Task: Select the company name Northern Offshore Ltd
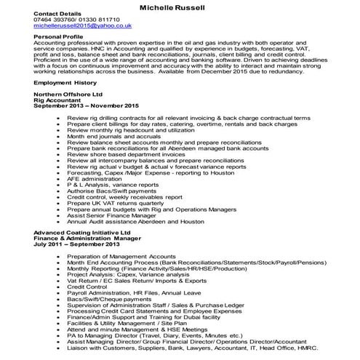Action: (x=69, y=95)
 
